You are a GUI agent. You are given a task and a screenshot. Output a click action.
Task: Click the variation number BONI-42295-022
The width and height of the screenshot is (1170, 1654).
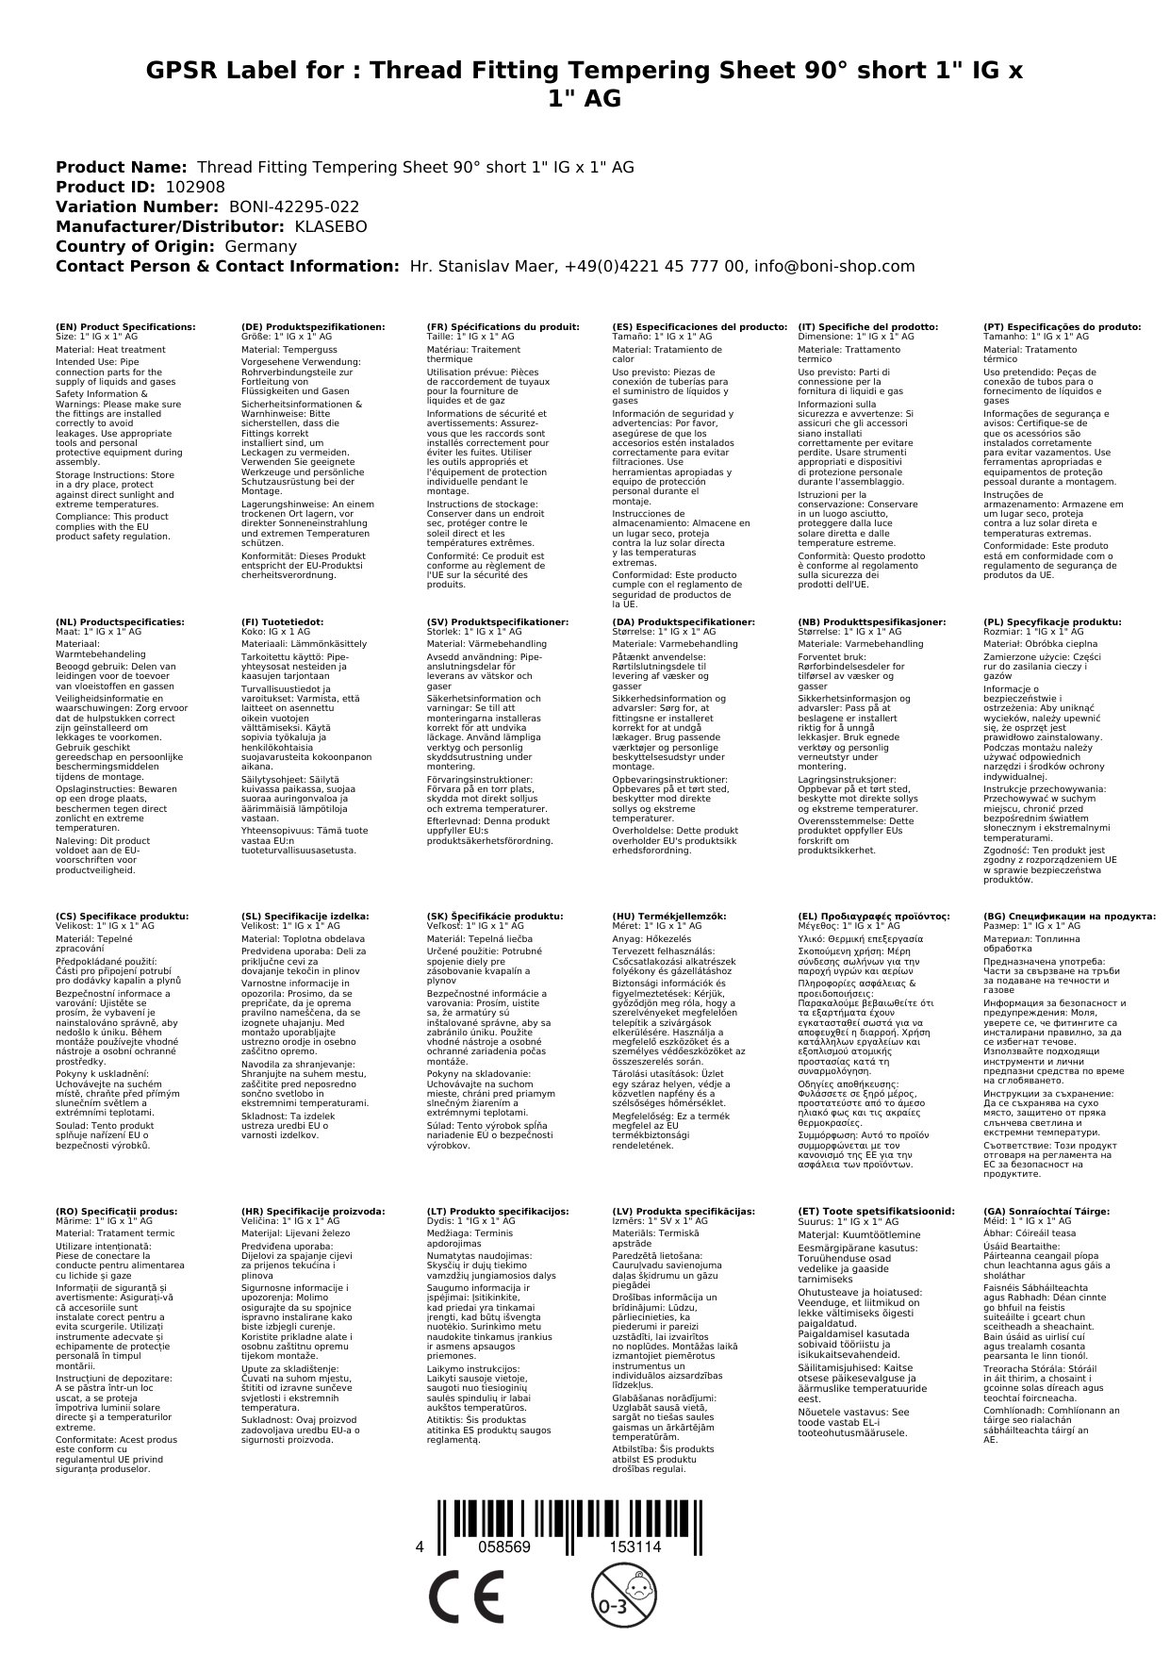[294, 207]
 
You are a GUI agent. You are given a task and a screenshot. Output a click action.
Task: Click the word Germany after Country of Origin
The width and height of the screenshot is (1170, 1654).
[260, 246]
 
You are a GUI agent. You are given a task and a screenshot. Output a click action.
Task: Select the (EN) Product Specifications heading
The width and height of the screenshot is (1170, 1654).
[125, 326]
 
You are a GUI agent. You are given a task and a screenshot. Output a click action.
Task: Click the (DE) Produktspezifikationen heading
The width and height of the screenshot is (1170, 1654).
[313, 326]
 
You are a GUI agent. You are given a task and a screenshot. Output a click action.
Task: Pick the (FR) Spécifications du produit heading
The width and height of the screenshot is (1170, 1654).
[503, 326]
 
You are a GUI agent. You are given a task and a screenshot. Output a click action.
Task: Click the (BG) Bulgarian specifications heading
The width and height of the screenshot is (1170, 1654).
[1069, 916]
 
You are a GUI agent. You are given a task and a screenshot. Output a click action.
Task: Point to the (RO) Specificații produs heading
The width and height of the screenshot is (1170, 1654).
[116, 1211]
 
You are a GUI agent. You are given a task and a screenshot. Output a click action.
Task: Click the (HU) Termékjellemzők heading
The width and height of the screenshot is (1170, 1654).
[669, 916]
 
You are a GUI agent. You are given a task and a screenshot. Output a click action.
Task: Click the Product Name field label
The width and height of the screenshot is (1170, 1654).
[121, 167]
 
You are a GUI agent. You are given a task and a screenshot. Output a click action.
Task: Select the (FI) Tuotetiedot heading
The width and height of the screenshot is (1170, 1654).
[282, 622]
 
